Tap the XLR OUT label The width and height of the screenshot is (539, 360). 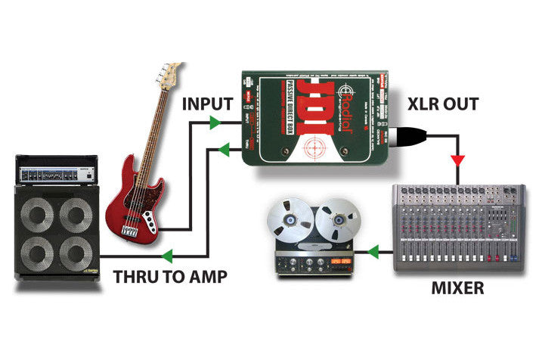(443, 103)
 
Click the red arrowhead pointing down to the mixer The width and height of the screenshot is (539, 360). (457, 161)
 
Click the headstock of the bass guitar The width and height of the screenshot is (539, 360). (170, 74)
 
